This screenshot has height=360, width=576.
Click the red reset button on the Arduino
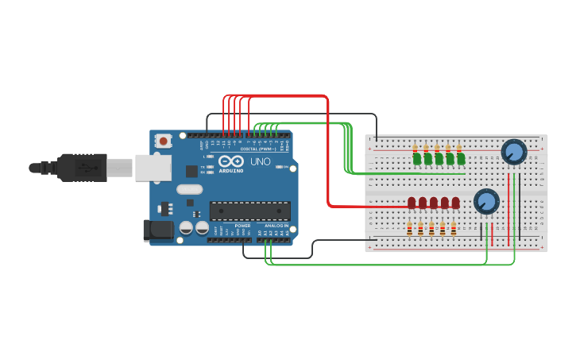164,141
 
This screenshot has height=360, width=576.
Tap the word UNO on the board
261,161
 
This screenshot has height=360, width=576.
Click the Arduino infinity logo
230,161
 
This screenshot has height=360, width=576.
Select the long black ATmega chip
249,211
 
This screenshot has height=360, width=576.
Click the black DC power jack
157,230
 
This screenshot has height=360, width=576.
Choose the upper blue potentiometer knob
514,151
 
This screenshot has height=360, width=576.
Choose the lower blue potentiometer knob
486,201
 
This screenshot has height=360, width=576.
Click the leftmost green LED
416,159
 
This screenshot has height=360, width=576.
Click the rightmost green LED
461,159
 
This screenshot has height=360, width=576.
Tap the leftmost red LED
412,203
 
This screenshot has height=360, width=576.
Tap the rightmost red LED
455,203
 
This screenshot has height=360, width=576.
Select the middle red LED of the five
434,203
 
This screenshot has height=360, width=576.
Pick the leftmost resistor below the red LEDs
409,229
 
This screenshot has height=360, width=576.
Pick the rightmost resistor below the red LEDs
454,229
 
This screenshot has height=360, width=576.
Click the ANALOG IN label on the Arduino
276,226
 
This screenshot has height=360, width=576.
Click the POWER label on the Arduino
242,226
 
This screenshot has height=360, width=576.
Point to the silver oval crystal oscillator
190,189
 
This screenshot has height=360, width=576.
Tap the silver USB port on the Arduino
153,168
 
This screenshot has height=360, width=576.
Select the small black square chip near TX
191,171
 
